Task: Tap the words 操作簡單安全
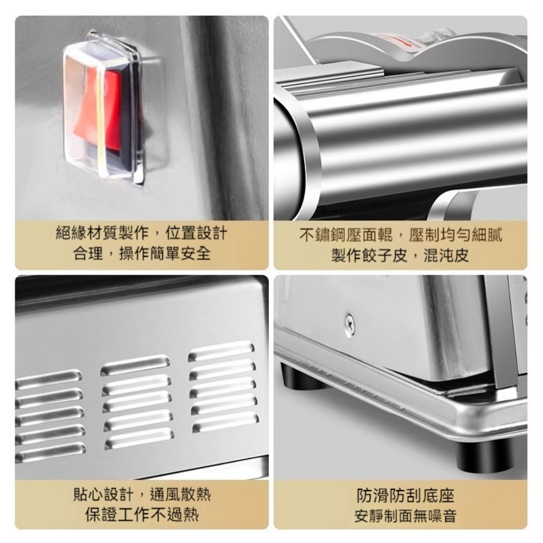(165, 254)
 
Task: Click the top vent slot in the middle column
(135, 364)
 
